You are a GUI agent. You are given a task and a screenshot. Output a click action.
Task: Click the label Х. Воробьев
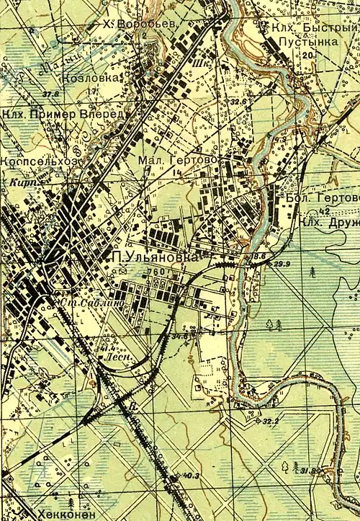(x=137, y=25)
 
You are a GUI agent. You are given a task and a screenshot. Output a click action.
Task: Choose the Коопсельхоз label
(x=37, y=162)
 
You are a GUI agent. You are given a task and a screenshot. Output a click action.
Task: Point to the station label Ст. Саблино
(x=84, y=303)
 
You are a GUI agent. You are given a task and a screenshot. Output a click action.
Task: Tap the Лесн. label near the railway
(x=115, y=356)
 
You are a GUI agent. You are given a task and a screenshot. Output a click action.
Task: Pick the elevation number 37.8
(x=50, y=94)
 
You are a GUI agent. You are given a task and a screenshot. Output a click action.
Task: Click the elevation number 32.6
(x=239, y=102)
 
